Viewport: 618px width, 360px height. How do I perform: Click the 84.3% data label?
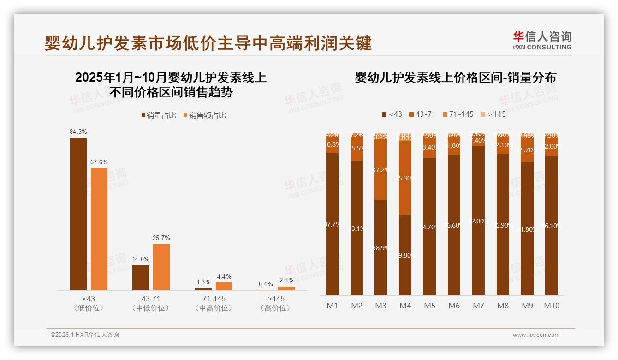78,132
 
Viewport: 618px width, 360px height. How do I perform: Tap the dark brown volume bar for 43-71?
141,277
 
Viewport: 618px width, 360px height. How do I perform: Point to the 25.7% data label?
161,238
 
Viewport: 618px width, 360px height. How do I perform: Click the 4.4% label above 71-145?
224,276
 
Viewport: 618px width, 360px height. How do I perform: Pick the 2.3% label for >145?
286,280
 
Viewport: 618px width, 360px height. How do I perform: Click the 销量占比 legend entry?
159,115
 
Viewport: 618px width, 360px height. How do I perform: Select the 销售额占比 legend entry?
205,115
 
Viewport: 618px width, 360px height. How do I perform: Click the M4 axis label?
405,306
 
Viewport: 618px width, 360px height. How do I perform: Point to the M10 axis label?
552,306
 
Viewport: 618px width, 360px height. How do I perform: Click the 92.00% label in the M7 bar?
478,221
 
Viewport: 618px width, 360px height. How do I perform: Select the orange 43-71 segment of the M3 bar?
380,169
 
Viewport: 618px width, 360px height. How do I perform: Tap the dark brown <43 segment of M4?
405,255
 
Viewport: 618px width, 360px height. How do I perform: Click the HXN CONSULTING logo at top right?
542,40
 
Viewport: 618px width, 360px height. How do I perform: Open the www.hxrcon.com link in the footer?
536,335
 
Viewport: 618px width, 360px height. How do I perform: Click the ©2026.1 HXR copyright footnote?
85,335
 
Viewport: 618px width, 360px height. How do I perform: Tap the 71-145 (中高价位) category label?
214,303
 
